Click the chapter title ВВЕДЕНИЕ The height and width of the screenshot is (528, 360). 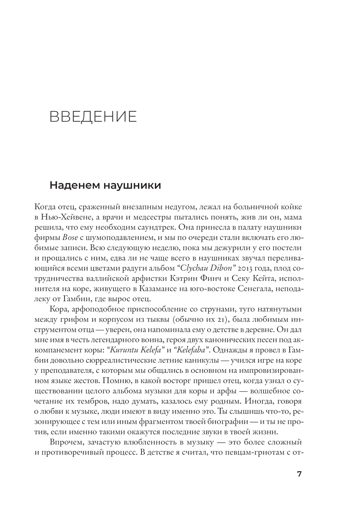(x=93, y=117)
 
